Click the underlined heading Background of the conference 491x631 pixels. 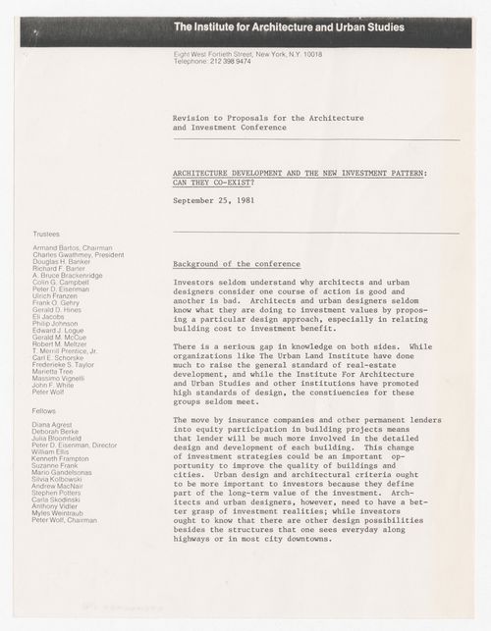click(227, 264)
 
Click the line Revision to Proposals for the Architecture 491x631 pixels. click(268, 119)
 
